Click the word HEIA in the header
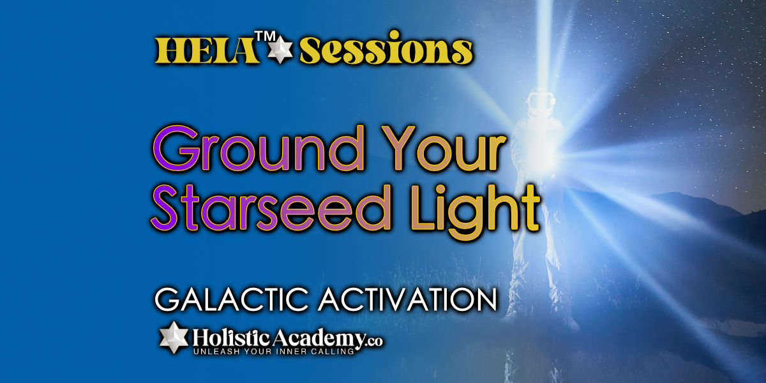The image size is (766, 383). pos(206,50)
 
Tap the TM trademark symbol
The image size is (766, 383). pos(266,37)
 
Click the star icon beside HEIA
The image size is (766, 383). pos(280,50)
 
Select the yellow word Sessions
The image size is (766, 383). pos(386,48)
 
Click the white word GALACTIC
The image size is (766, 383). pos(232,299)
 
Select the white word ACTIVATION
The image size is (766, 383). pos(408,299)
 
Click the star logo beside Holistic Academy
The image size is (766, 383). pos(174,337)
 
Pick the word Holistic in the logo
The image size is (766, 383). pos(231,338)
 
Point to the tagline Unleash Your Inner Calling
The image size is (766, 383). pos(274,352)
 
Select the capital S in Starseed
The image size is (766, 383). pos(165,208)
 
